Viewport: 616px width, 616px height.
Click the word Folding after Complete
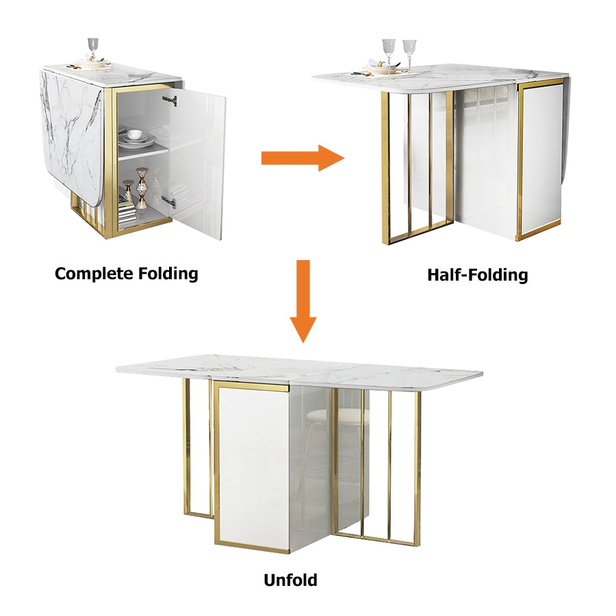(168, 274)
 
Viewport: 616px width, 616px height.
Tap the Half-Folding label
(477, 275)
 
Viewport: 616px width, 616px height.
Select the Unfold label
(290, 580)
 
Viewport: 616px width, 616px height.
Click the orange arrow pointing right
(303, 158)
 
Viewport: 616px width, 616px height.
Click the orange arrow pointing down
(303, 301)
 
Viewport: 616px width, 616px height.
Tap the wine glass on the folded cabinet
(93, 49)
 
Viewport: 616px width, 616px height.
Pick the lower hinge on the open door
(169, 201)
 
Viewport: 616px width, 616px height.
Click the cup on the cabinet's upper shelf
(135, 134)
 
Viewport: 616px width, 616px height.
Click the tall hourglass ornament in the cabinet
(142, 188)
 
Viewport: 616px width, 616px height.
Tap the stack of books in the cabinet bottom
(127, 215)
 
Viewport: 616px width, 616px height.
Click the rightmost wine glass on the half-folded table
(409, 54)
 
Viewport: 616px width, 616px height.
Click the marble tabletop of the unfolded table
(299, 371)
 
